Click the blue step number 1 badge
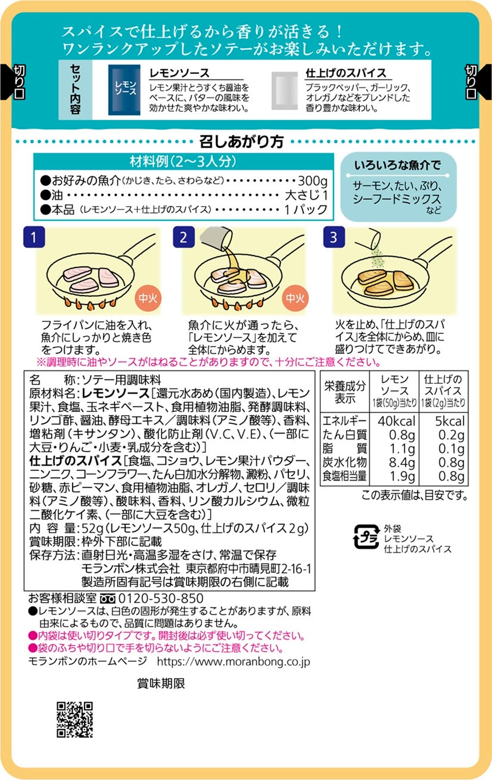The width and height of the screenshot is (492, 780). [x=34, y=237]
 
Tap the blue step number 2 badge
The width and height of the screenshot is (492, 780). [x=184, y=237]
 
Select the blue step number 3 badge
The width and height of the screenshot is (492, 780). [x=334, y=237]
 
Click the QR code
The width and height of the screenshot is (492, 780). [x=75, y=719]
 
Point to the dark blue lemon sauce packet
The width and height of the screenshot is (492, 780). [x=124, y=90]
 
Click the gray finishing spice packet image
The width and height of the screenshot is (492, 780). [x=285, y=91]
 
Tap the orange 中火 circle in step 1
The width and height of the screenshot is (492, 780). [x=148, y=298]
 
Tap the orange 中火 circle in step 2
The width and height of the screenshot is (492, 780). [x=295, y=298]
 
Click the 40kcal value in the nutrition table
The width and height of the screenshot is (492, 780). [x=396, y=421]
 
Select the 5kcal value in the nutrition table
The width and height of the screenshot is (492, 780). [x=450, y=421]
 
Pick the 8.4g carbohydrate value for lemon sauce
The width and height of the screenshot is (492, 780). [x=402, y=462]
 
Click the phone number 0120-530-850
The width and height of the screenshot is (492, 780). [x=161, y=598]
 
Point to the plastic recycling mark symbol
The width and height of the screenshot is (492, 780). [x=366, y=537]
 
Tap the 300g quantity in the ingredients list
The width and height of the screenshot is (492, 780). [x=313, y=181]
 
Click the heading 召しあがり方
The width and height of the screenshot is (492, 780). [x=241, y=141]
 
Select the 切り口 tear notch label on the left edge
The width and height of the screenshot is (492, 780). [x=19, y=82]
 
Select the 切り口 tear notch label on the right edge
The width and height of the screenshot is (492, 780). [x=471, y=82]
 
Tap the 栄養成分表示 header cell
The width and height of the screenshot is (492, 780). [x=345, y=392]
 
